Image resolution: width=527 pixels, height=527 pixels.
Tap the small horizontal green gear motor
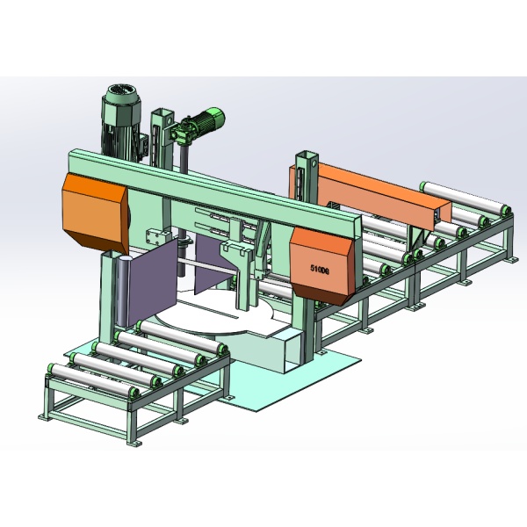click(204, 128)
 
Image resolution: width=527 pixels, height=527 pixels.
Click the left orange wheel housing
click(91, 210)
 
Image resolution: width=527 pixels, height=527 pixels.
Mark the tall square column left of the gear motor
click(159, 136)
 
